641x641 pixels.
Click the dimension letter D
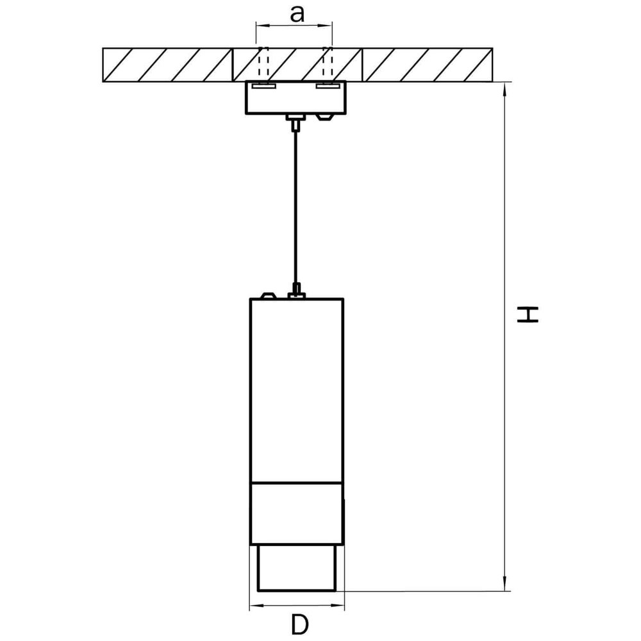pos(298,624)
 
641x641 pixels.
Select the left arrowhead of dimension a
pos(259,26)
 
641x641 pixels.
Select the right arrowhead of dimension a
pos(329,26)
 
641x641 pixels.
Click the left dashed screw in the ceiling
pos(260,65)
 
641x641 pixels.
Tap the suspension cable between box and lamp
pos(295,205)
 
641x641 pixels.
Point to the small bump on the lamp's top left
pos(267,296)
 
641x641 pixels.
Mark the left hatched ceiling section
pos(167,64)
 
